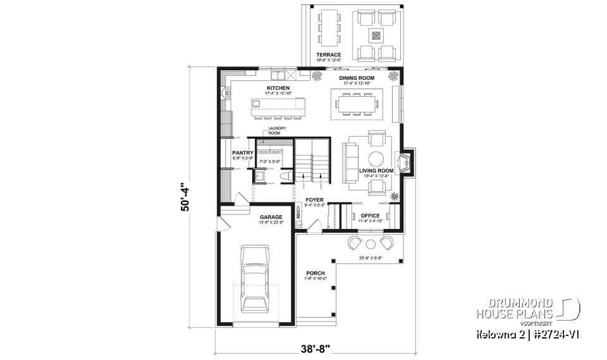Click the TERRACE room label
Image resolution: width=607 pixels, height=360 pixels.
coord(329,55)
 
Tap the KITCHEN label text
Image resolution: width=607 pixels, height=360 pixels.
coord(278,88)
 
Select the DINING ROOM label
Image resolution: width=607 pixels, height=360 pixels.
coord(357,78)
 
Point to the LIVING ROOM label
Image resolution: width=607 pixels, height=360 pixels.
coord(376,171)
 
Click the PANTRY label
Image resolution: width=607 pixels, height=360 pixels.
coord(243,152)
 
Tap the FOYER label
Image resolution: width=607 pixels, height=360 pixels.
coord(314,200)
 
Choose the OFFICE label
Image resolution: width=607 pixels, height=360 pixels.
coord(370,216)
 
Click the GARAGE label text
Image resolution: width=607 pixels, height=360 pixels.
coord(270,217)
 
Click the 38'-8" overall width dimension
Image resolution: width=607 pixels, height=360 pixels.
coord(314,347)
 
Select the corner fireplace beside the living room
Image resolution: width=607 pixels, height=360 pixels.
coord(404,163)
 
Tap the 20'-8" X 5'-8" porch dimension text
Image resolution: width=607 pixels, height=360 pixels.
coord(371,258)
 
